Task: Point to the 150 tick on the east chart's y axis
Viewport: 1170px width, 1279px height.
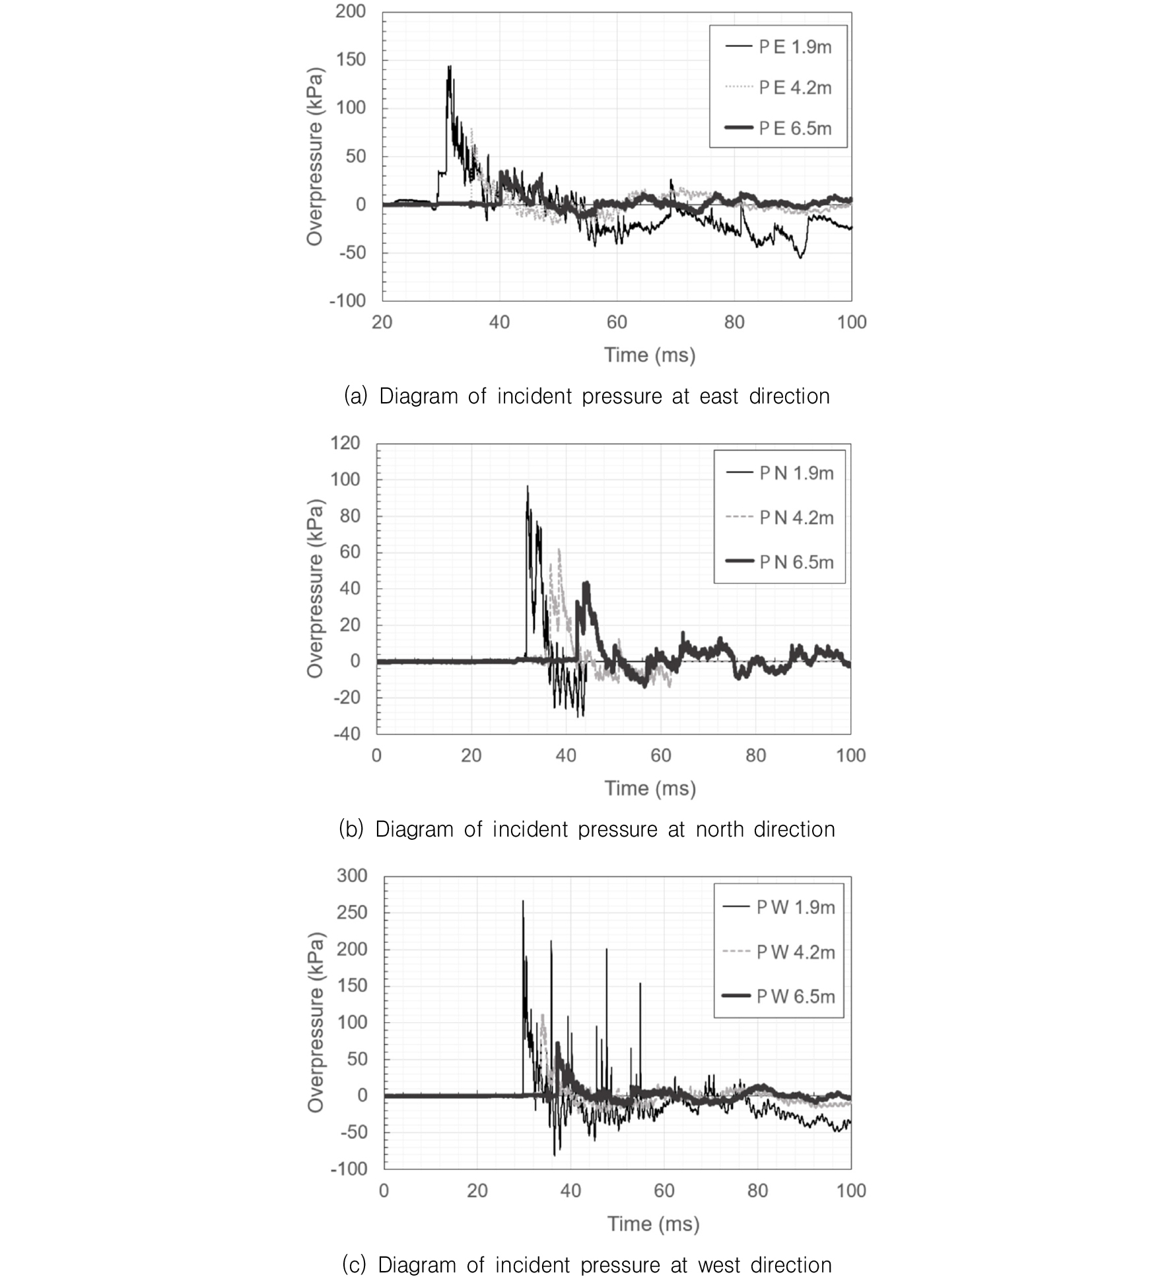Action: tap(351, 59)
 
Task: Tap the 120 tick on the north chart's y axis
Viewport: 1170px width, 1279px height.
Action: tap(345, 443)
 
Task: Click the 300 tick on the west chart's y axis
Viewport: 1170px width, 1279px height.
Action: tap(352, 876)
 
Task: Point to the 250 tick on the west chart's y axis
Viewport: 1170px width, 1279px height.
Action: tap(352, 913)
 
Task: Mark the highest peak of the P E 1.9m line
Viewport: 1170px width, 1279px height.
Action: tap(450, 67)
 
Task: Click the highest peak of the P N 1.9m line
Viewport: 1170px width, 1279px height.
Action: tap(527, 487)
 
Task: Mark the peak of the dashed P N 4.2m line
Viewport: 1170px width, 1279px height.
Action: tap(559, 549)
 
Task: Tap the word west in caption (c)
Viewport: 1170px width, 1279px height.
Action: tap(720, 1265)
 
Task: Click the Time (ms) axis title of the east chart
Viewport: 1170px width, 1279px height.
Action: tap(650, 355)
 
